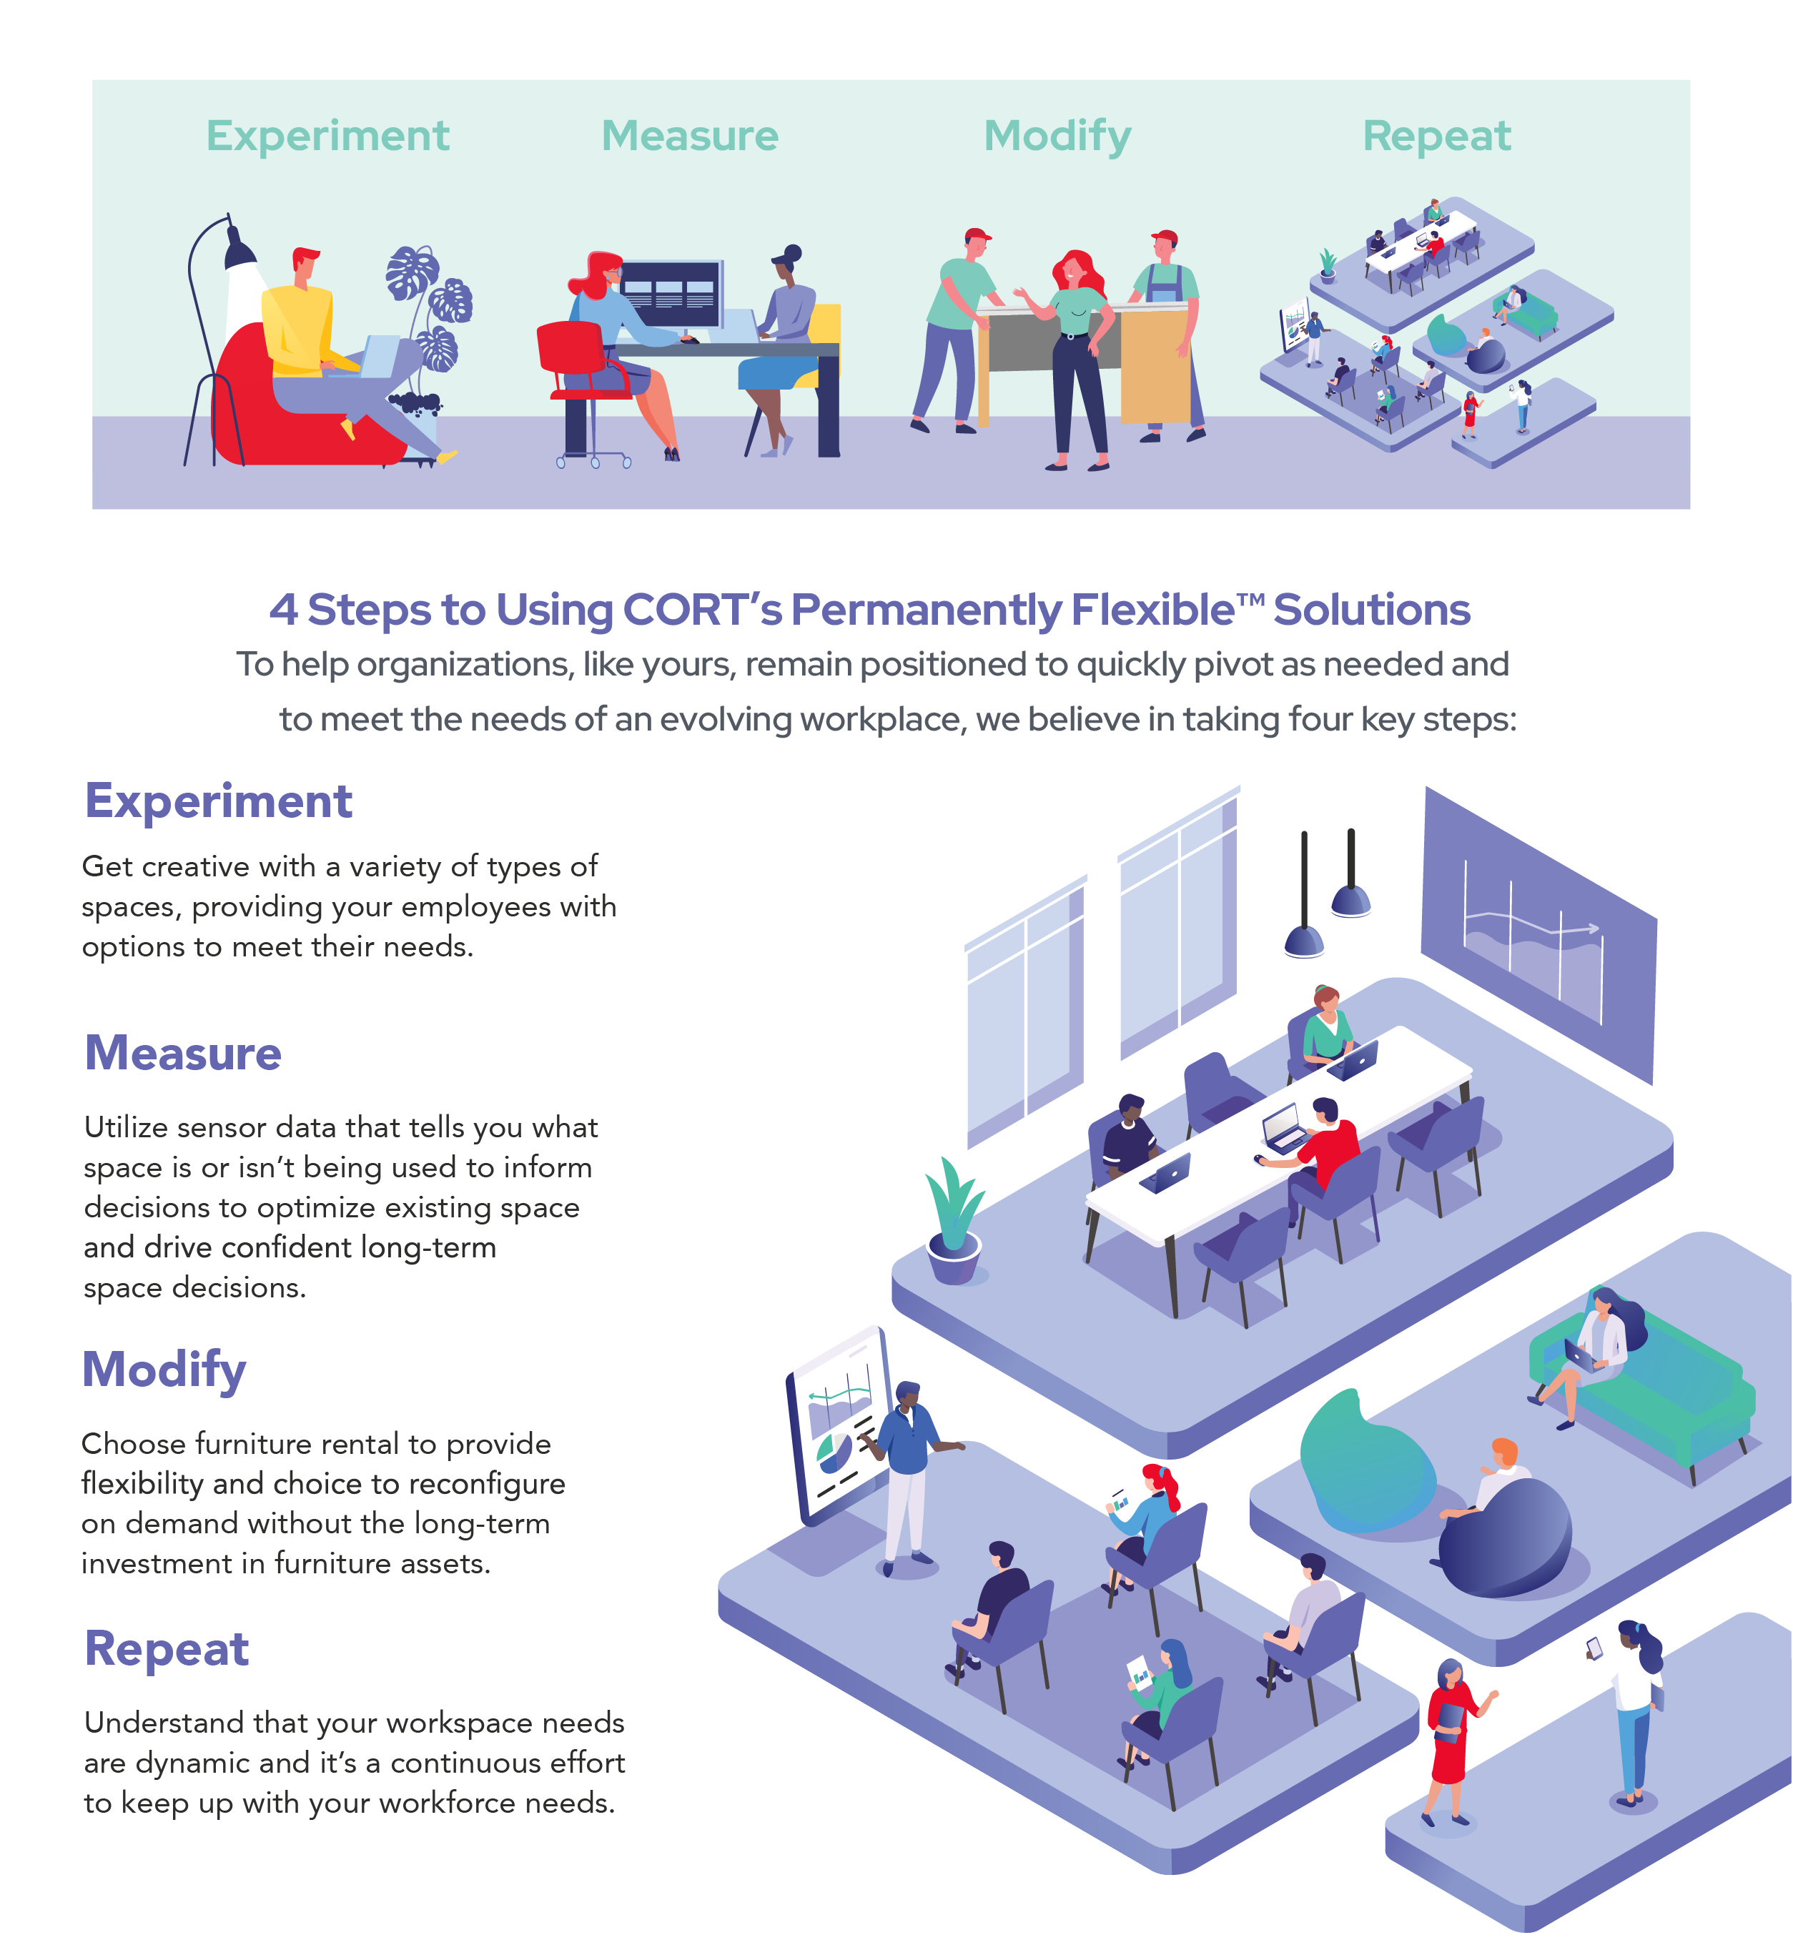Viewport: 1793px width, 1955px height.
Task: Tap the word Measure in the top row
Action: (x=690, y=136)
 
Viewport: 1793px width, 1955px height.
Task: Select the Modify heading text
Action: (x=1057, y=136)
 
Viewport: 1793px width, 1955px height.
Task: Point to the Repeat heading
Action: (x=1436, y=136)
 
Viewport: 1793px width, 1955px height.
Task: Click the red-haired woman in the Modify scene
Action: (x=1077, y=350)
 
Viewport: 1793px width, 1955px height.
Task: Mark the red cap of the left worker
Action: (x=978, y=234)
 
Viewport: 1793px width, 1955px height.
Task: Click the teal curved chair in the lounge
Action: (x=1358, y=1455)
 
